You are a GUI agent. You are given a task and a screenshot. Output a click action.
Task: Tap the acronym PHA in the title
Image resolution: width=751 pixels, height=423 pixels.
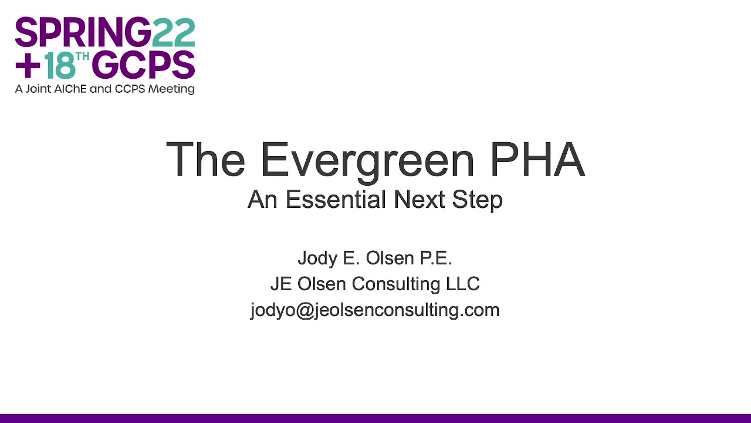click(x=537, y=159)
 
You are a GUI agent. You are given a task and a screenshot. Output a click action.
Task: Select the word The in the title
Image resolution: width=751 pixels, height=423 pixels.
click(x=205, y=159)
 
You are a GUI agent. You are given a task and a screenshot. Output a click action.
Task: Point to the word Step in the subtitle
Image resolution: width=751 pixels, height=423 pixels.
click(x=478, y=201)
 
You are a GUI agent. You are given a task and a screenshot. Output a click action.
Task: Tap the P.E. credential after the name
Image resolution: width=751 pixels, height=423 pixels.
click(x=436, y=258)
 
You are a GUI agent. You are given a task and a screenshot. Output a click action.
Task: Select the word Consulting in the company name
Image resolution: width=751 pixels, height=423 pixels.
click(x=395, y=285)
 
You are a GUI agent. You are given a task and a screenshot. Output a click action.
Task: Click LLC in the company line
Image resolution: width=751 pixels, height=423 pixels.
click(x=463, y=284)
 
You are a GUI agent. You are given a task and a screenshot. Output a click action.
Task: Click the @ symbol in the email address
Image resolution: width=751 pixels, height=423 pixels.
click(x=305, y=311)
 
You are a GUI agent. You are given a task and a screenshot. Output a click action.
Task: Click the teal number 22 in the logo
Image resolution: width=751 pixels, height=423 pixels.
click(x=174, y=32)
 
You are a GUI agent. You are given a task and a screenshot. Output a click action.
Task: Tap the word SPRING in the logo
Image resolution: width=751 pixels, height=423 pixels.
click(x=83, y=32)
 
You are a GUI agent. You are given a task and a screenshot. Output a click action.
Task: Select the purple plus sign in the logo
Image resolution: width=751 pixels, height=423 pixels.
click(x=28, y=65)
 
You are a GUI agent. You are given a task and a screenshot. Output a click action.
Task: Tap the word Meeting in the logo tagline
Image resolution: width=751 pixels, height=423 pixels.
click(x=171, y=89)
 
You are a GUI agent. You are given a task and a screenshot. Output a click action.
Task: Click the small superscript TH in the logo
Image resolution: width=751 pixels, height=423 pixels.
click(x=83, y=56)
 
